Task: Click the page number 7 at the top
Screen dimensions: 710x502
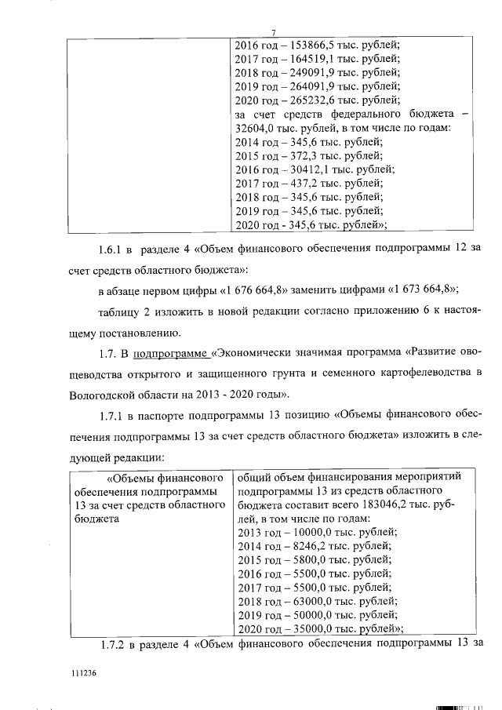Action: pyautogui.click(x=273, y=32)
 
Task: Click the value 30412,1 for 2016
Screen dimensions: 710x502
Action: pyautogui.click(x=307, y=169)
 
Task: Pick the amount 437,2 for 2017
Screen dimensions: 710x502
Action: pyautogui.click(x=300, y=183)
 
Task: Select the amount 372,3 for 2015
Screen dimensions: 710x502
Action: pyautogui.click(x=300, y=155)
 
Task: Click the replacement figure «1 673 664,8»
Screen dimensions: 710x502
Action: pyautogui.click(x=422, y=290)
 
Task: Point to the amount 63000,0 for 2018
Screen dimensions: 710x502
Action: pyautogui.click(x=307, y=602)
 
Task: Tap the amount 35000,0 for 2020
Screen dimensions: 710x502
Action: pyautogui.click(x=307, y=629)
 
